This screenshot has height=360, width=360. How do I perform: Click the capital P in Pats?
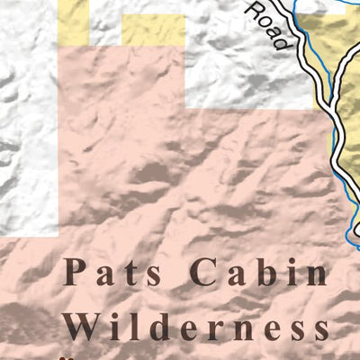coord(76,272)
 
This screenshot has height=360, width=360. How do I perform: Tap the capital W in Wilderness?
coord(85,327)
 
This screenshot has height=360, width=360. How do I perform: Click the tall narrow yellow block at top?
coord(74,22)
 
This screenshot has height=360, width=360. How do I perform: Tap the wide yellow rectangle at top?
coord(152,30)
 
